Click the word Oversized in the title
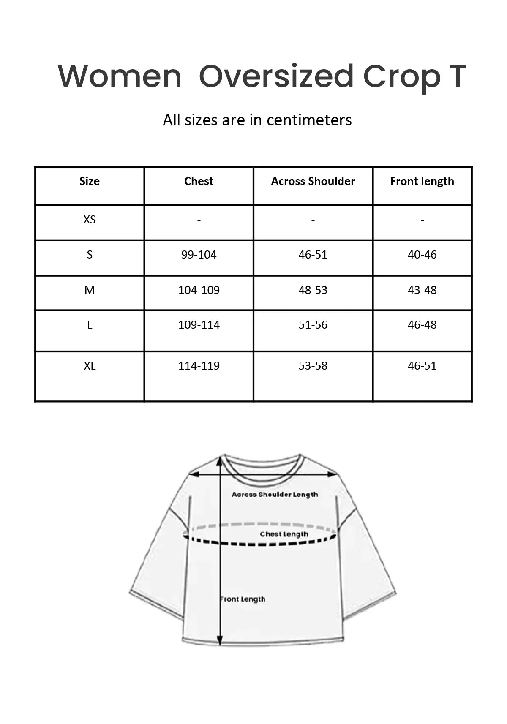276,77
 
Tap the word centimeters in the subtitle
309,120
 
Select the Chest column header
199,181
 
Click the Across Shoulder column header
313,181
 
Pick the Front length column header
422,181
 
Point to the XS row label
90,220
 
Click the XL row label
90,366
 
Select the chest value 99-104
199,255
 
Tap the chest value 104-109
199,290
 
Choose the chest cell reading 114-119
199,366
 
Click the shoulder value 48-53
313,290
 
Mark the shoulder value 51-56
313,325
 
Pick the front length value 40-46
422,255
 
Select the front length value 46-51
422,366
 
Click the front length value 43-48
422,290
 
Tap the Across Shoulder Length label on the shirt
275,495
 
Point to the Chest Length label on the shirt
284,534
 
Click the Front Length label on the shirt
243,599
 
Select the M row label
90,290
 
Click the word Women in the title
120,77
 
